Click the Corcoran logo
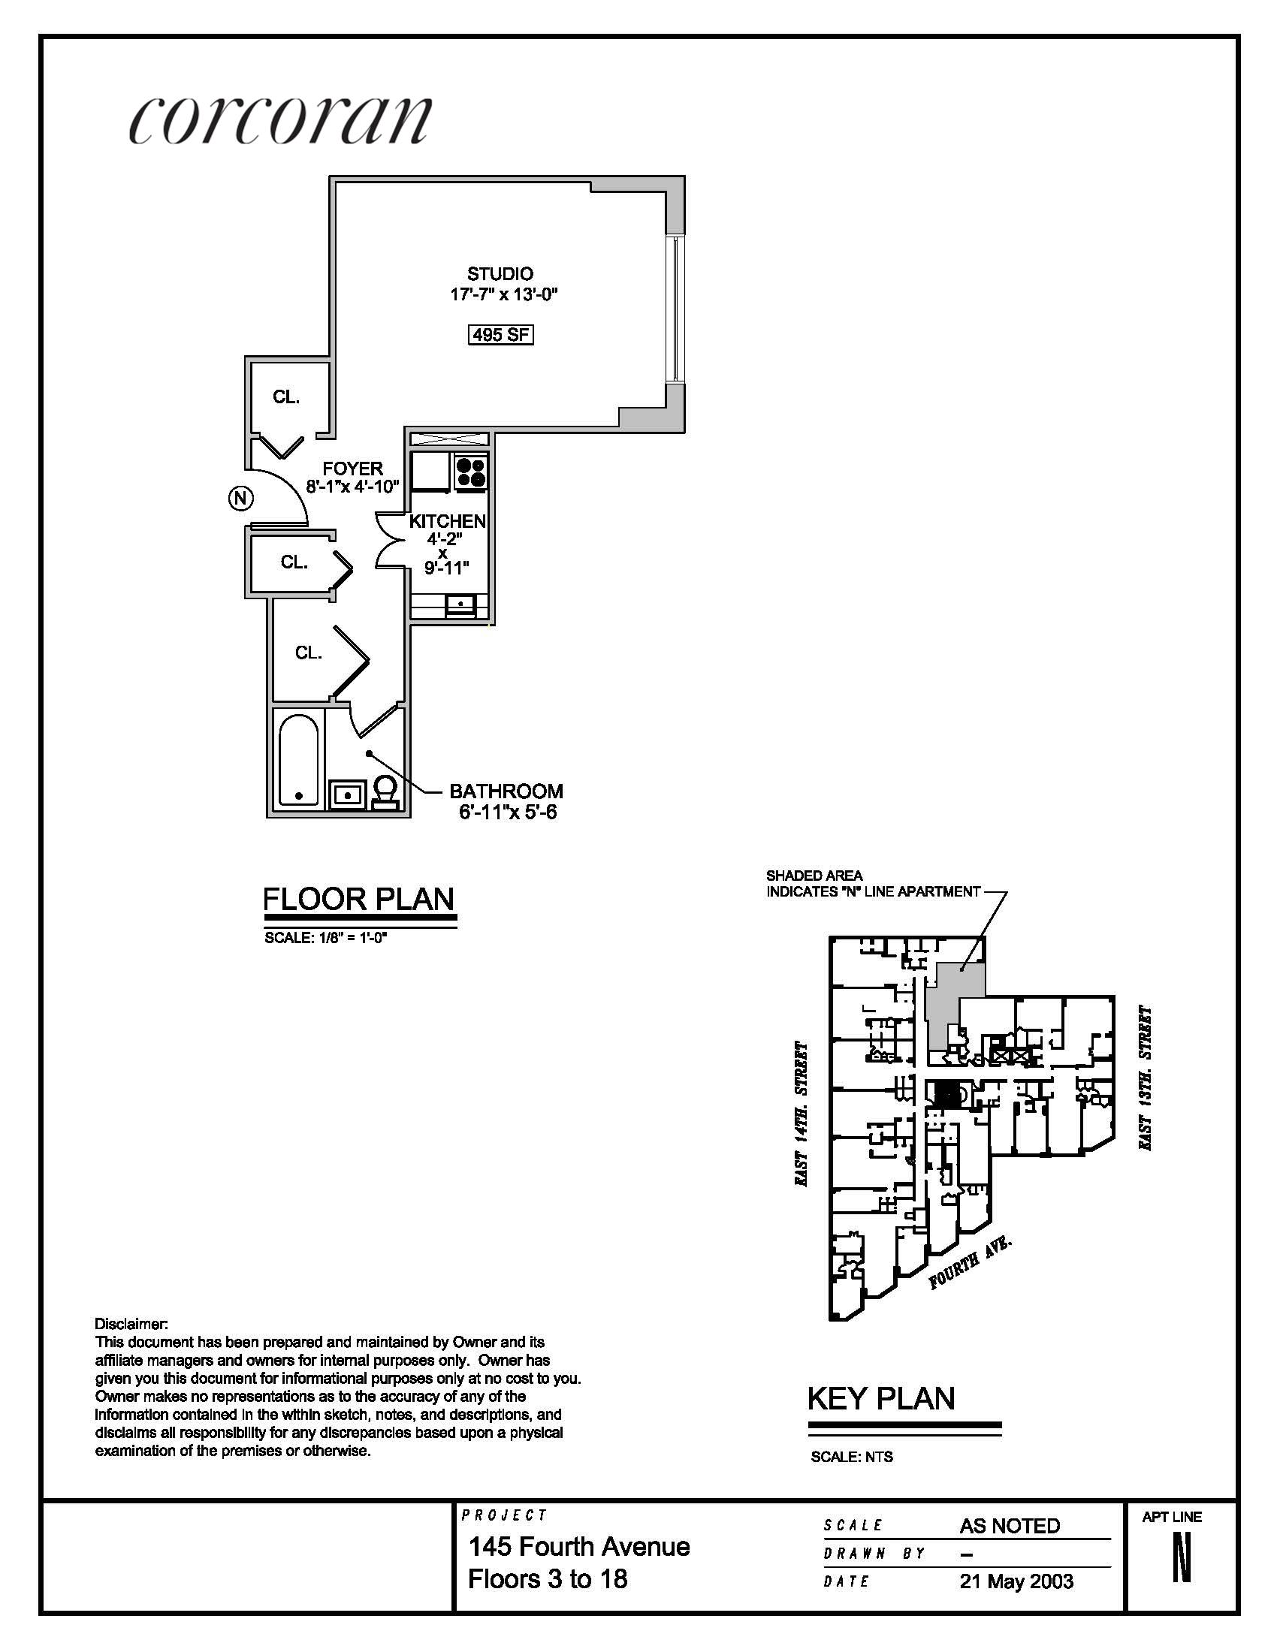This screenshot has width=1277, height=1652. [280, 119]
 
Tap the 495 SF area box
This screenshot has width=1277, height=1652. [500, 333]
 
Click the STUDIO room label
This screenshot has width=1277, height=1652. [500, 273]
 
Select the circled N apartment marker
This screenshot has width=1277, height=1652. [240, 498]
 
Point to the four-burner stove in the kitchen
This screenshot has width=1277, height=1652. [470, 472]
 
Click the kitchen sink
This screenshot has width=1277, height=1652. [460, 604]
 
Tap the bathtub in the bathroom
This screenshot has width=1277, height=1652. [298, 760]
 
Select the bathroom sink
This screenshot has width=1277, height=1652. [348, 795]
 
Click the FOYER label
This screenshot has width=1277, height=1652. [352, 469]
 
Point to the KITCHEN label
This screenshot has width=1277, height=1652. [447, 521]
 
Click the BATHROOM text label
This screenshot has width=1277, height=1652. [506, 791]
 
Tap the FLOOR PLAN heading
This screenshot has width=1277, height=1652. [358, 899]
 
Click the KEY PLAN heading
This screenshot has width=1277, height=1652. [881, 1398]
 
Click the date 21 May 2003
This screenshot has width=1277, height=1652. [1016, 1581]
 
